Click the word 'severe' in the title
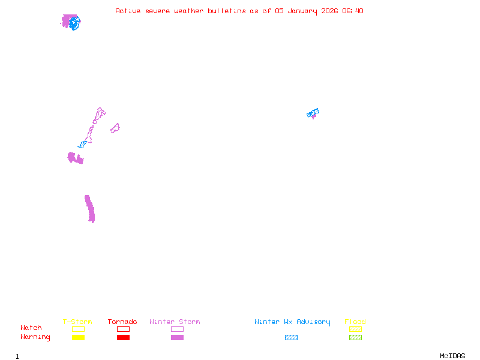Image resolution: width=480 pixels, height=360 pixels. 157,11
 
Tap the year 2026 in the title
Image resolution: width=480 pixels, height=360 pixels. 329,11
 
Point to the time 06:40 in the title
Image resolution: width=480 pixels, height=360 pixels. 353,11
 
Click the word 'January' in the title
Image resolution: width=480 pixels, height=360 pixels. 302,11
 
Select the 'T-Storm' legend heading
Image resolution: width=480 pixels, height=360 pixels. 77,322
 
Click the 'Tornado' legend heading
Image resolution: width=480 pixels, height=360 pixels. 122,322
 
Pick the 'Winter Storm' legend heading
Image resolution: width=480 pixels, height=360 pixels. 175,322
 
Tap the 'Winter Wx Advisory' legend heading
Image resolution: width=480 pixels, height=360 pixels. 292,322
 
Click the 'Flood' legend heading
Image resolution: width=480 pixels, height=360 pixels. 355,322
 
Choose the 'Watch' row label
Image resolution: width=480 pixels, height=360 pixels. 31,328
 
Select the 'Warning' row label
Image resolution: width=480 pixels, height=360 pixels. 35,337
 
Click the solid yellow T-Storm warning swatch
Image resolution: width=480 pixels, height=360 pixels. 79,337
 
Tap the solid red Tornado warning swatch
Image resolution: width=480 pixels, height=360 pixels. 124,337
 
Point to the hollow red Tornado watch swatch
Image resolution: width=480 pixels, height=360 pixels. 124,326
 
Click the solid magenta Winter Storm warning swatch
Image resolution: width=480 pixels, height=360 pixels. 177,337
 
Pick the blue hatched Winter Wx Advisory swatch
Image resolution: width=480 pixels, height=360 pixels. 291,337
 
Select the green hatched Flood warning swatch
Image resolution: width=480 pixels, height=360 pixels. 355,337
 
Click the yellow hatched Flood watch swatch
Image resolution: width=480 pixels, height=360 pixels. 355,329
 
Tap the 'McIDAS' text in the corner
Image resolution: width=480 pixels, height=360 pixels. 452,356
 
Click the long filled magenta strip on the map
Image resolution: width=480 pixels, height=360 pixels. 89,209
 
